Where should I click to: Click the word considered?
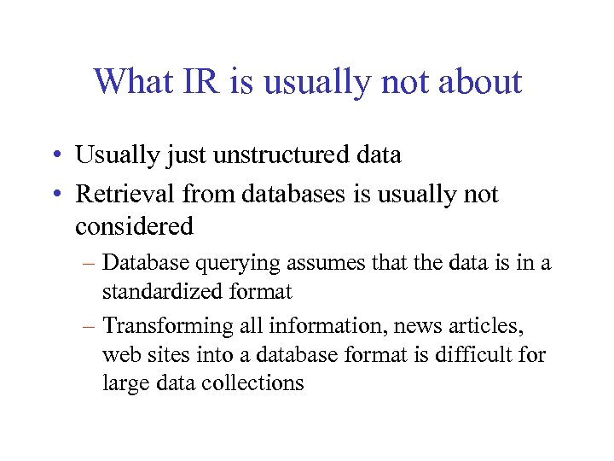pyautogui.click(x=135, y=226)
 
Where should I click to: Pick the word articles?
pyautogui.click(x=490, y=325)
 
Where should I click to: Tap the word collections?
pyautogui.click(x=254, y=382)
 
